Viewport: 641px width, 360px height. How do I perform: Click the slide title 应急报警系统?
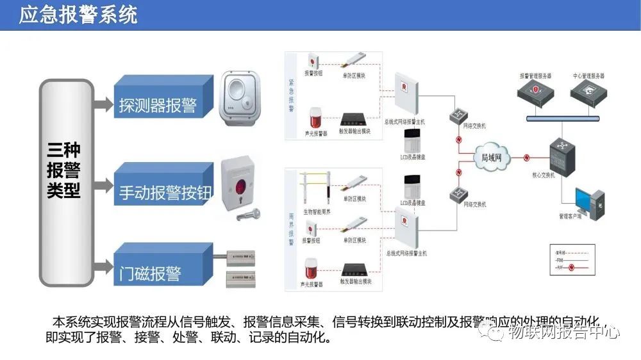(78, 15)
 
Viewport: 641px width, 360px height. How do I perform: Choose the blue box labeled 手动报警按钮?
(164, 192)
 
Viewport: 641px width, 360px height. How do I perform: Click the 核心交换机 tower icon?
(561, 156)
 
